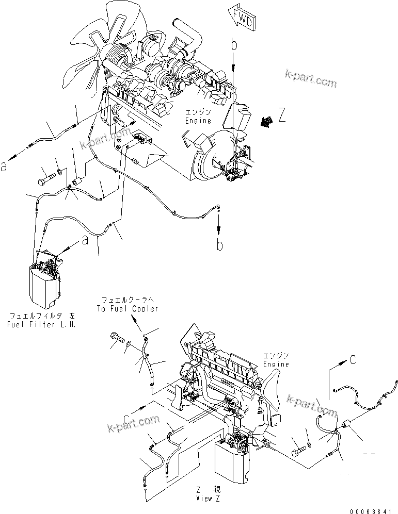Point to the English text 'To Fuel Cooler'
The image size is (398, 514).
127,308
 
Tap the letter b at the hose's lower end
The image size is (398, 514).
219,245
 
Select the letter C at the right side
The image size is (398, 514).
353,360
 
